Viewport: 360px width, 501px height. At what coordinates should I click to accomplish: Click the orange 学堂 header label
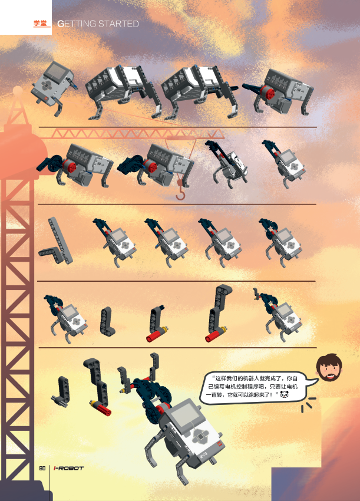coord(40,24)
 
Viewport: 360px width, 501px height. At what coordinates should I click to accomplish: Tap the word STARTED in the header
coord(118,24)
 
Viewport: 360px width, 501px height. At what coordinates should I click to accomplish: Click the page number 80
coord(42,468)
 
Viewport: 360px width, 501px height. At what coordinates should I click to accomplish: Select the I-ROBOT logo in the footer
coord(69,468)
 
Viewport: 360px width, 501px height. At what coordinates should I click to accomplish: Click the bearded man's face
coord(329,367)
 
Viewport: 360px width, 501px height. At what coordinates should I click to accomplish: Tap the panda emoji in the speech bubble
coord(285,395)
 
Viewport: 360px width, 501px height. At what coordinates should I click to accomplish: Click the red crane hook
coord(180,191)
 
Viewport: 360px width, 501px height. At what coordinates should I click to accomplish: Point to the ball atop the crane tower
coord(18,91)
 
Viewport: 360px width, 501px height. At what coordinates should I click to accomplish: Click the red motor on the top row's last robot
coord(267,93)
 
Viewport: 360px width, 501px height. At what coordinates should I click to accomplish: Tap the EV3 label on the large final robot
coord(203,454)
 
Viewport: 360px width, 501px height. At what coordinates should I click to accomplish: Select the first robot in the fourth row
coord(65,318)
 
